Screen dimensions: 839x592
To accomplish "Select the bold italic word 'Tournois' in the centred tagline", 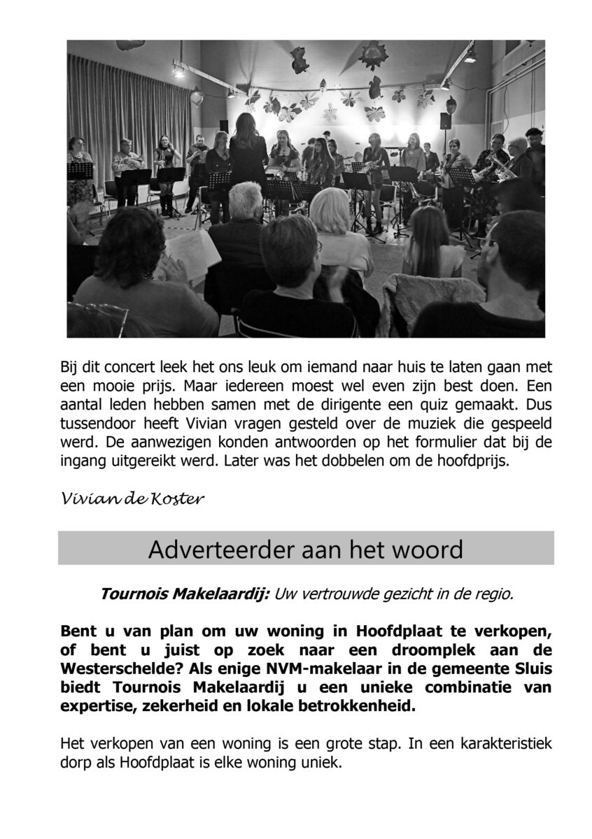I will (x=132, y=594).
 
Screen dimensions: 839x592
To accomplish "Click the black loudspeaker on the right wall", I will (x=446, y=121).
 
